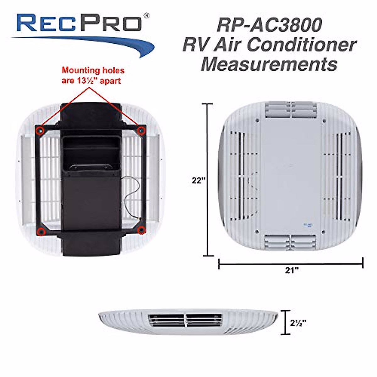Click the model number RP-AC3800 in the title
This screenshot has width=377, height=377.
coord(269,25)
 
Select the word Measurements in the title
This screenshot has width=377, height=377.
coord(269,64)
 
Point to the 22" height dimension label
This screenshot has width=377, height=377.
coord(199,181)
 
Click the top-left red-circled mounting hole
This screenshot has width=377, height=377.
coord(40,130)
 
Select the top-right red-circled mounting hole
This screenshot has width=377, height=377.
coord(141,130)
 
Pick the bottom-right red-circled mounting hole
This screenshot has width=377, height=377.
coord(141,231)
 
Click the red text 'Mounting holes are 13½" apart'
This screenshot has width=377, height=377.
coord(93,75)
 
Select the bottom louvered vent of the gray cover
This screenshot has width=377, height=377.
coord(290,242)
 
